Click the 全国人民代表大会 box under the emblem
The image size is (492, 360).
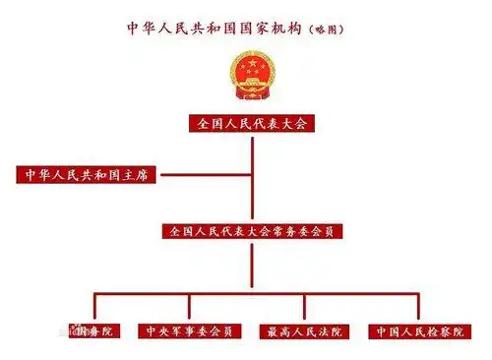click(x=250, y=124)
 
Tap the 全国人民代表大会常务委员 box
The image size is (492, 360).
click(x=251, y=232)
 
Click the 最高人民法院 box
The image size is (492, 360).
click(x=302, y=331)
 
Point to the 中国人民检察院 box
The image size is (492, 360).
click(x=416, y=331)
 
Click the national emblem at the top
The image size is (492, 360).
click(x=250, y=75)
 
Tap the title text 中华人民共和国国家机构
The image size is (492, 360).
click(x=219, y=29)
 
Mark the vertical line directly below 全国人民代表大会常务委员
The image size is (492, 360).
click(x=251, y=266)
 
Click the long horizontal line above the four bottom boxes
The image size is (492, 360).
click(x=251, y=292)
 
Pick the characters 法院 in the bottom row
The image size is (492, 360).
click(x=325, y=331)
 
